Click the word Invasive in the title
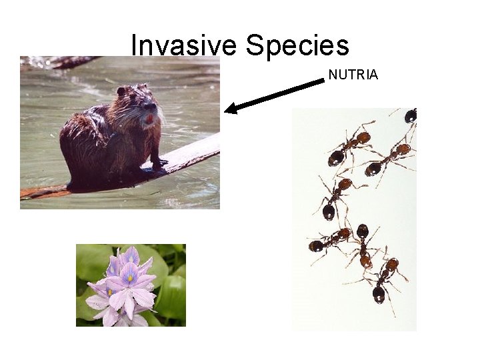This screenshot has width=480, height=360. (185, 45)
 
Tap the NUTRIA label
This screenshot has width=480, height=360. (353, 75)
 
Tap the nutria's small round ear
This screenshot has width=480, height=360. (121, 91)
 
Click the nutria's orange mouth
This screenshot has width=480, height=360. (149, 119)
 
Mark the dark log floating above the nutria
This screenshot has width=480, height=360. (67, 62)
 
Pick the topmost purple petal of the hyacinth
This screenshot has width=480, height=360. (131, 256)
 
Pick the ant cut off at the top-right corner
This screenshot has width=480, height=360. (409, 116)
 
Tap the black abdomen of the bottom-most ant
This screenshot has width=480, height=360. (379, 293)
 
